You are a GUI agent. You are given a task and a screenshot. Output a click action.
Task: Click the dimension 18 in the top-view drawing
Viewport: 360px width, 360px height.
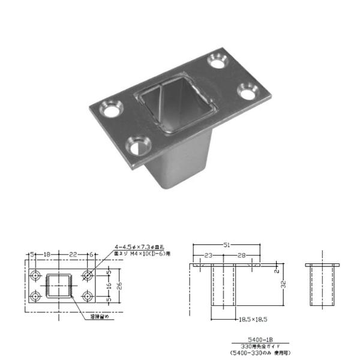(46, 254)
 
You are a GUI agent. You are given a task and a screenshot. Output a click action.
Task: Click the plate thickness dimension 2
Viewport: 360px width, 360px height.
(280, 271)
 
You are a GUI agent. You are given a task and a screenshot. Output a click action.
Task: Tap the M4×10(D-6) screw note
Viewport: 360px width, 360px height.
(143, 254)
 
